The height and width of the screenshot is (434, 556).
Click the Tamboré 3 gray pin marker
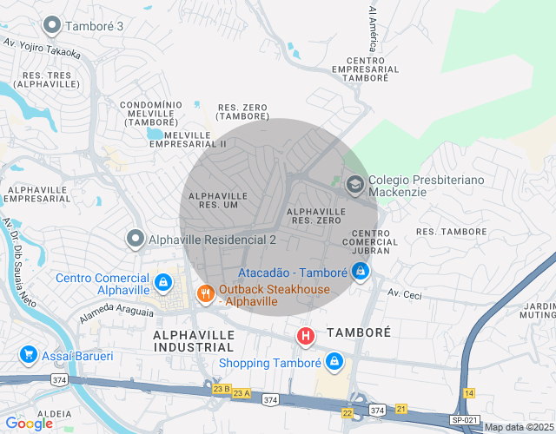(x=52, y=25)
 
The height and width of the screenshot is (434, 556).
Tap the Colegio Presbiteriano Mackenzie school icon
(x=354, y=184)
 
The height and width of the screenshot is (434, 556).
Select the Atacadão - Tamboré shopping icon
(x=361, y=272)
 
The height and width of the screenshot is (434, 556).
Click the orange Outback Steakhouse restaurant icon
(x=205, y=293)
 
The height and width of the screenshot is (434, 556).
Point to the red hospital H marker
(x=306, y=335)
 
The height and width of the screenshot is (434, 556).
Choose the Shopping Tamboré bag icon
(x=334, y=361)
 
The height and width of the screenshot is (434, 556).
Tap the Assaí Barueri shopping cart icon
(x=28, y=355)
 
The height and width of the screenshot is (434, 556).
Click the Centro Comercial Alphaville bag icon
(x=163, y=282)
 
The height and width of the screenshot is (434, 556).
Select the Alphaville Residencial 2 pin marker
(x=135, y=238)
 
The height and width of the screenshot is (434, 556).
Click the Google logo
(x=30, y=424)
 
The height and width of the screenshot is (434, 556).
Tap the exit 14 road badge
(x=469, y=393)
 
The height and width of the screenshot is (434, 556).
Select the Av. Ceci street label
(x=404, y=295)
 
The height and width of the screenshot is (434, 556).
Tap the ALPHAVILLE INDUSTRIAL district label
(x=194, y=340)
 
